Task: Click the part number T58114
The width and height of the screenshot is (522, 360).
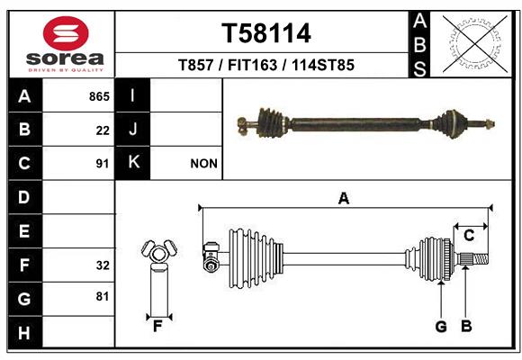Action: coord(266,33)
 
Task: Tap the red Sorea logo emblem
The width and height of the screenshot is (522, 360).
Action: coord(66,33)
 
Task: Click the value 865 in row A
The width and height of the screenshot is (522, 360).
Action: coord(99,96)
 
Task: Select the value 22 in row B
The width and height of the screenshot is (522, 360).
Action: coord(103,130)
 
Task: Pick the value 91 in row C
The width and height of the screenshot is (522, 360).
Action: coord(103,164)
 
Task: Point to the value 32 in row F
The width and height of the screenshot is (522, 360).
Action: coord(103,265)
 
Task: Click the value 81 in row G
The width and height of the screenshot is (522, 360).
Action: coord(103,296)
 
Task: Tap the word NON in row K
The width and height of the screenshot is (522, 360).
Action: coord(203,164)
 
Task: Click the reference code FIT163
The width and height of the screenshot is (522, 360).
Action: coord(252,65)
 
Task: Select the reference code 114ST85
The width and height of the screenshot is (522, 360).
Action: coord(323,65)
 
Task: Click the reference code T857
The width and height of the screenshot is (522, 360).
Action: coord(195,65)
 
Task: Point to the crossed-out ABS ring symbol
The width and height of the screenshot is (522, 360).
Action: coord(475,44)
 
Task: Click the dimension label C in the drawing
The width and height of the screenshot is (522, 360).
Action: coord(469,236)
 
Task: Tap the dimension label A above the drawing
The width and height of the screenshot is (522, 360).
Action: coord(344,199)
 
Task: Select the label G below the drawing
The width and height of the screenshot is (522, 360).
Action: coord(441,327)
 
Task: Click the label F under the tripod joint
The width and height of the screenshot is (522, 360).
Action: coord(157,327)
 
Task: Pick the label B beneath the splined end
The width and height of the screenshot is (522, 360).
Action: coord(466,327)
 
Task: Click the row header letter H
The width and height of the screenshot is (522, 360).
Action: coord(24,333)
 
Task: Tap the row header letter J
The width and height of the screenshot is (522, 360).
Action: coord(132,130)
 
